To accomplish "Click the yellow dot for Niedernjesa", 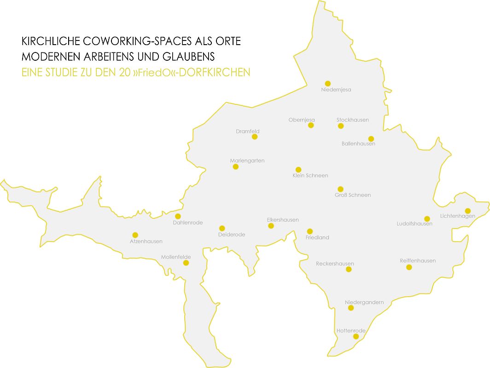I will point(327,83).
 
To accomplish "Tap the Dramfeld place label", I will point(248,132).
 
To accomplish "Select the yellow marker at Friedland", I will point(310,231).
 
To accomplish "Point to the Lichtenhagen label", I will point(458,216).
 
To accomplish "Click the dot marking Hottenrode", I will point(356,336).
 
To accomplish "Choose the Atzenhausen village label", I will point(146,241).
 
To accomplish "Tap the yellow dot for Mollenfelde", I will point(186,263).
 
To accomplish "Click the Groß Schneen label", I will point(353,195).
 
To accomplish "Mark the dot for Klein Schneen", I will point(298,170).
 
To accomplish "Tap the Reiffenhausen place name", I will point(418,261).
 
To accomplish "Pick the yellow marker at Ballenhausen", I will point(371,139).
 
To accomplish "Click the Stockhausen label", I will point(353,120).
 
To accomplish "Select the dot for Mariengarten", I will point(236,167).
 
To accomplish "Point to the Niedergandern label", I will point(364,302).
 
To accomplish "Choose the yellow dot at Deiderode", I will point(222,228).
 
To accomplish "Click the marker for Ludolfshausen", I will point(427,218).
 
